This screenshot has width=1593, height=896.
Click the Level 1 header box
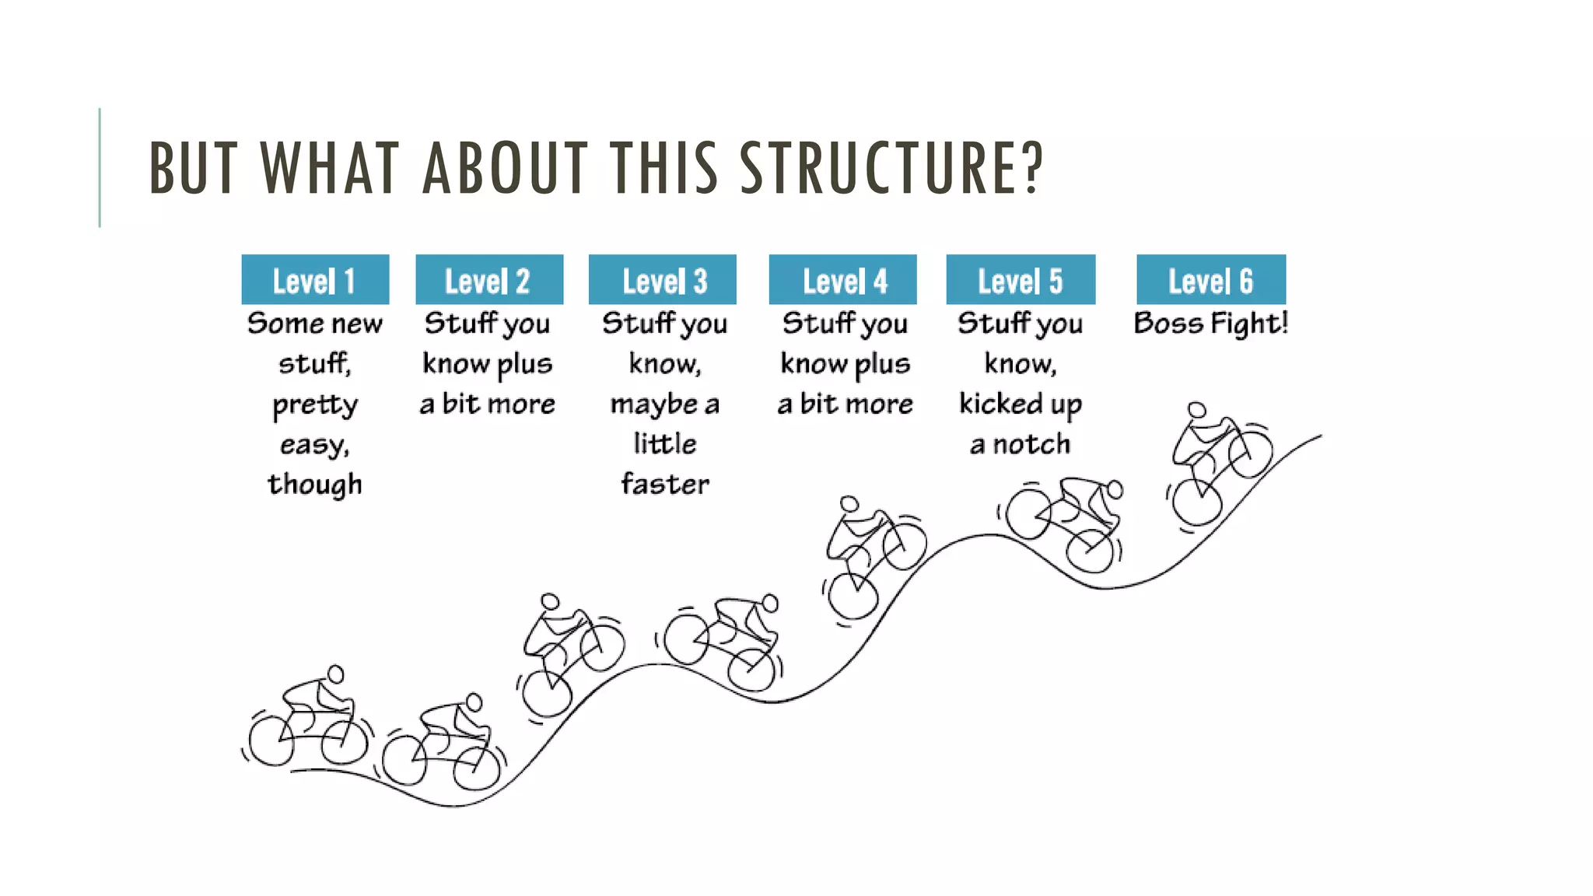coord(315,280)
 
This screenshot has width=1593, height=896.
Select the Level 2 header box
coord(489,280)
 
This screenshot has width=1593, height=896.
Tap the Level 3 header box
coord(663,280)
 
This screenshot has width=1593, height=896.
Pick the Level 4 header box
coord(842,280)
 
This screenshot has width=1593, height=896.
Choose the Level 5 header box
coord(1021,280)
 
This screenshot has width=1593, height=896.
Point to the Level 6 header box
coord(1211,280)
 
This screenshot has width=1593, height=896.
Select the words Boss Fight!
coord(1211,323)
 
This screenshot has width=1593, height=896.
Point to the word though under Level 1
coord(315,484)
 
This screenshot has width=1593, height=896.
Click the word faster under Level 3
coord(665,484)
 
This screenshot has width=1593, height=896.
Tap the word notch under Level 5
coord(1031,444)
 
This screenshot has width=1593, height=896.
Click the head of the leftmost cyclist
coord(336,674)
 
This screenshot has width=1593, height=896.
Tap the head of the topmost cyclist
coord(1196,410)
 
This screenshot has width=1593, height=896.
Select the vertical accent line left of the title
coord(100,167)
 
